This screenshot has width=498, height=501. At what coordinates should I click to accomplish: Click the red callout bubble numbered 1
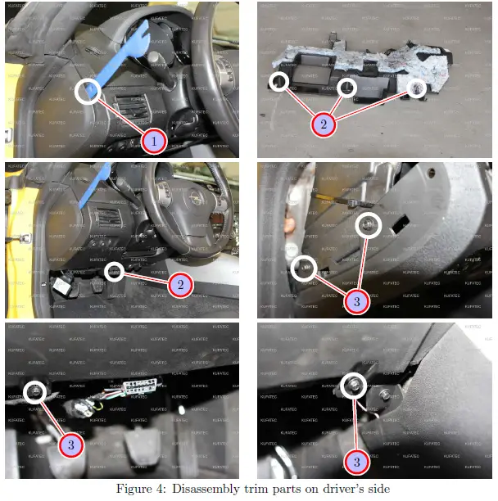(x=152, y=141)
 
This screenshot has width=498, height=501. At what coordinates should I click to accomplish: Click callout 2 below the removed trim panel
(x=324, y=124)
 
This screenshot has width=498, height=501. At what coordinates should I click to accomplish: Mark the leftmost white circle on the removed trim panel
(x=279, y=81)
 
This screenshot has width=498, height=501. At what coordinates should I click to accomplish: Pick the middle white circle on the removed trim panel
(x=347, y=87)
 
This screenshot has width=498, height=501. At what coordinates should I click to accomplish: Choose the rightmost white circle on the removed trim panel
(x=416, y=88)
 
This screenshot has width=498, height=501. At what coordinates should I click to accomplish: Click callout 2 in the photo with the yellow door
(x=179, y=284)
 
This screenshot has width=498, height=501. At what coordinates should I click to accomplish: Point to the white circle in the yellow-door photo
(x=115, y=271)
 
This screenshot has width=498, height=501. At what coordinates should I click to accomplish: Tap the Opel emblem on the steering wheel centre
(x=194, y=199)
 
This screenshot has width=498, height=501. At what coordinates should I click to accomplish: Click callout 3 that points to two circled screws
(x=355, y=301)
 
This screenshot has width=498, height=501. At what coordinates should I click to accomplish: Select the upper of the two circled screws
(x=369, y=223)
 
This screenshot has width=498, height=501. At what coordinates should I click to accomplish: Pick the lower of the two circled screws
(x=305, y=268)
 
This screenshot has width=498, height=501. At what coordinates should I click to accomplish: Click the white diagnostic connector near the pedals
(x=134, y=386)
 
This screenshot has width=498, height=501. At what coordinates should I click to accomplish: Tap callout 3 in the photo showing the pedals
(x=70, y=445)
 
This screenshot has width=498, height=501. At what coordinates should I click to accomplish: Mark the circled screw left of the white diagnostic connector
(x=35, y=393)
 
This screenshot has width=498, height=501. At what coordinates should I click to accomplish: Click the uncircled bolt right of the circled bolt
(x=385, y=395)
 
